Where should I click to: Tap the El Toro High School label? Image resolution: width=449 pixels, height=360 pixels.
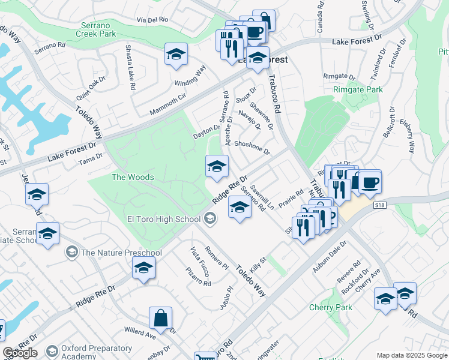[163, 219]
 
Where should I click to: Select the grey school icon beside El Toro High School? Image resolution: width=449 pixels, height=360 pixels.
[210, 219]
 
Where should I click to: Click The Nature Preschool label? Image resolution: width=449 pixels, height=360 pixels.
[113, 252]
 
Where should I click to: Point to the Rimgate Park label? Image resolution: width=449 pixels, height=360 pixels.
[358, 89]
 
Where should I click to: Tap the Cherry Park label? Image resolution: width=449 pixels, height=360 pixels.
[330, 307]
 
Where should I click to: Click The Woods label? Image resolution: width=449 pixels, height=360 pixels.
[133, 177]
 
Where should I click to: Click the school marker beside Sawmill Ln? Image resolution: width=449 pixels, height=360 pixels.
[240, 208]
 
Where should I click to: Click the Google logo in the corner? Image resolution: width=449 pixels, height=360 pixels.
[20, 353]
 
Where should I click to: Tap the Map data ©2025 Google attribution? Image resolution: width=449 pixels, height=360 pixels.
[411, 355]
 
